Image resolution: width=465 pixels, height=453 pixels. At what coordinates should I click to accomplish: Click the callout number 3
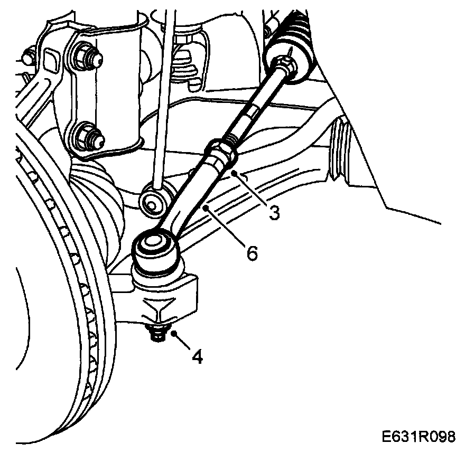pos(273,213)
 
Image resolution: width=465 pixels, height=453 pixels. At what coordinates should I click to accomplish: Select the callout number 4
pos(197,357)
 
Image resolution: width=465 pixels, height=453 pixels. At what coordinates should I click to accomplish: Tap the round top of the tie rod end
pos(154,243)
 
